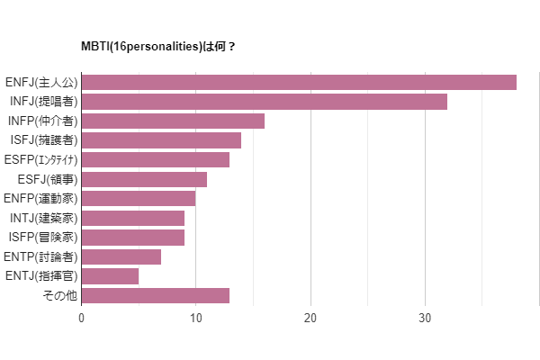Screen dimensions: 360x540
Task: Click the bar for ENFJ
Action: click(x=299, y=83)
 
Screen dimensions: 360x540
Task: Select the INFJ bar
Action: click(x=265, y=102)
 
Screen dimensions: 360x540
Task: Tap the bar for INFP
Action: click(x=173, y=121)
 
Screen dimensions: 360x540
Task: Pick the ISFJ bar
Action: click(x=161, y=140)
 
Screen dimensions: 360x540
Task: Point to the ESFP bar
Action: click(x=156, y=160)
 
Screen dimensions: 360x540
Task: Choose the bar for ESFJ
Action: click(x=144, y=179)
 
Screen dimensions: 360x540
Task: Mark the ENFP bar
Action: click(x=139, y=199)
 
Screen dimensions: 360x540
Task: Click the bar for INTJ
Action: click(x=133, y=218)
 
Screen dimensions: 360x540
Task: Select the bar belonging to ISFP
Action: click(x=133, y=238)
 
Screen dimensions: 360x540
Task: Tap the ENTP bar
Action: click(x=121, y=257)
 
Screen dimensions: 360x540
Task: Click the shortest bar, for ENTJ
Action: click(x=110, y=276)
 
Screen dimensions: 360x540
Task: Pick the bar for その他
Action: click(x=156, y=296)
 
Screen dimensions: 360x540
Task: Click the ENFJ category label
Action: click(x=42, y=83)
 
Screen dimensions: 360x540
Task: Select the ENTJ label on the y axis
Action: click(x=41, y=276)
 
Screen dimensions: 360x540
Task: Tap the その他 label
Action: click(x=59, y=296)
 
